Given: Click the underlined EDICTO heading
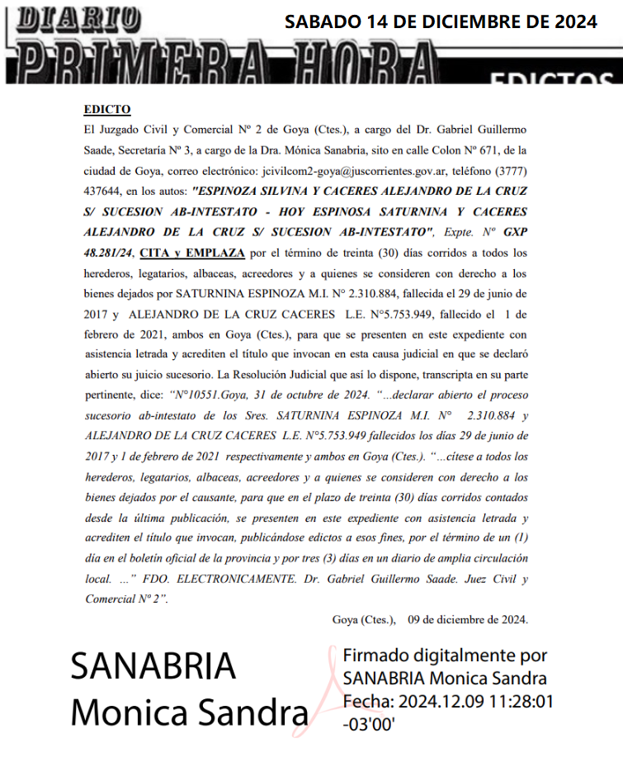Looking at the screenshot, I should [x=107, y=110].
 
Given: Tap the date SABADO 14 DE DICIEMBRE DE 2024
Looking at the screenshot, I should [x=441, y=22].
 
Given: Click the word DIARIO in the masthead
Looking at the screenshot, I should [x=79, y=17].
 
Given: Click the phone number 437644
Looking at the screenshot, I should [x=105, y=191].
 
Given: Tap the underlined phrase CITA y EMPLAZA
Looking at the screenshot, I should [x=191, y=252].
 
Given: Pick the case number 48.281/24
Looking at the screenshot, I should [x=112, y=252].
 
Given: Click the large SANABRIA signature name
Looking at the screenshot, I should [x=153, y=667].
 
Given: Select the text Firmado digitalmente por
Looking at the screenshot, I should [x=445, y=656].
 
